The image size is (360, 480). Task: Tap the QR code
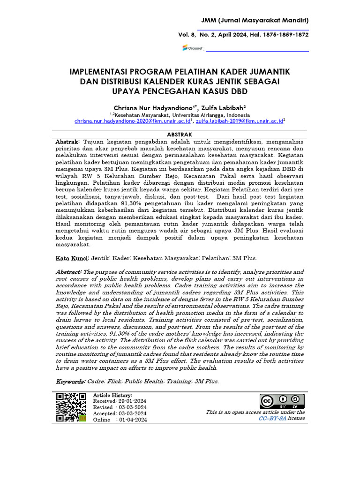coord(71,407)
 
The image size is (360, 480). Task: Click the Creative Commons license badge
coord(282,402)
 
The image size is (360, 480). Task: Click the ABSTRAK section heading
coord(180,135)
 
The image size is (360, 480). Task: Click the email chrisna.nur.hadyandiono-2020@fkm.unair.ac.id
coord(132,121)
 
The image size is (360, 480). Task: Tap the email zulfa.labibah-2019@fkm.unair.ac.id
coord(239,121)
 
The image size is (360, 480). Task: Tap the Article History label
coord(112,396)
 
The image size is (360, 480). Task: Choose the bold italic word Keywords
coord(71,381)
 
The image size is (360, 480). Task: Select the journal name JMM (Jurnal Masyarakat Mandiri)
coord(255,20)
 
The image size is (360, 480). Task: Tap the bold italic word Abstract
coord(69,272)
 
